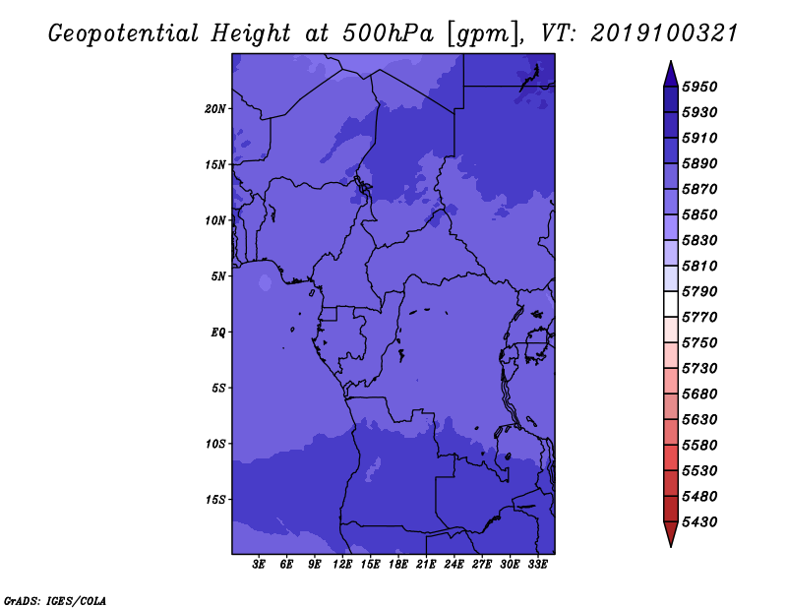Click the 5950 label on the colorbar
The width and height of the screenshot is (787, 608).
click(x=699, y=87)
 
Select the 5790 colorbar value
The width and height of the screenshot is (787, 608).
click(x=699, y=291)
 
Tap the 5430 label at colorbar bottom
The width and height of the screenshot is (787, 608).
click(x=699, y=522)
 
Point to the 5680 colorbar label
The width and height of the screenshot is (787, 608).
click(x=699, y=395)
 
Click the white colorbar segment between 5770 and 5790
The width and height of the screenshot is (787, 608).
click(x=671, y=304)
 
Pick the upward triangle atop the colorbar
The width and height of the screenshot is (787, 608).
click(x=671, y=74)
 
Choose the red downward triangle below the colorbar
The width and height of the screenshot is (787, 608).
click(x=671, y=534)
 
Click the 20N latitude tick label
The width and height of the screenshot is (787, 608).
click(x=215, y=109)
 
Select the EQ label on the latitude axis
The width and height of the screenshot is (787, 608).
click(x=218, y=333)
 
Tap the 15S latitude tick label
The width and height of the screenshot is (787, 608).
click(x=215, y=500)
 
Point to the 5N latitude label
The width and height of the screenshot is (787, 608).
click(x=218, y=276)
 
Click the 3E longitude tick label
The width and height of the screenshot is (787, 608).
click(x=259, y=565)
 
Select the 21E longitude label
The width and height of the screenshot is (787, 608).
click(x=426, y=565)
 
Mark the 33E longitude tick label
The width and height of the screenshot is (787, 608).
click(x=537, y=565)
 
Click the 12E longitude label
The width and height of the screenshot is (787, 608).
click(x=342, y=565)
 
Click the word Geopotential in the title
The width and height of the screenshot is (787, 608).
click(x=124, y=34)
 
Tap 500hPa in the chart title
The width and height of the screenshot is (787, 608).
click(x=388, y=33)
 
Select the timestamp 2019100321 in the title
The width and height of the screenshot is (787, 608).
click(x=664, y=33)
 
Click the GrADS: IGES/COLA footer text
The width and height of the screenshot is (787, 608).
click(x=55, y=601)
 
